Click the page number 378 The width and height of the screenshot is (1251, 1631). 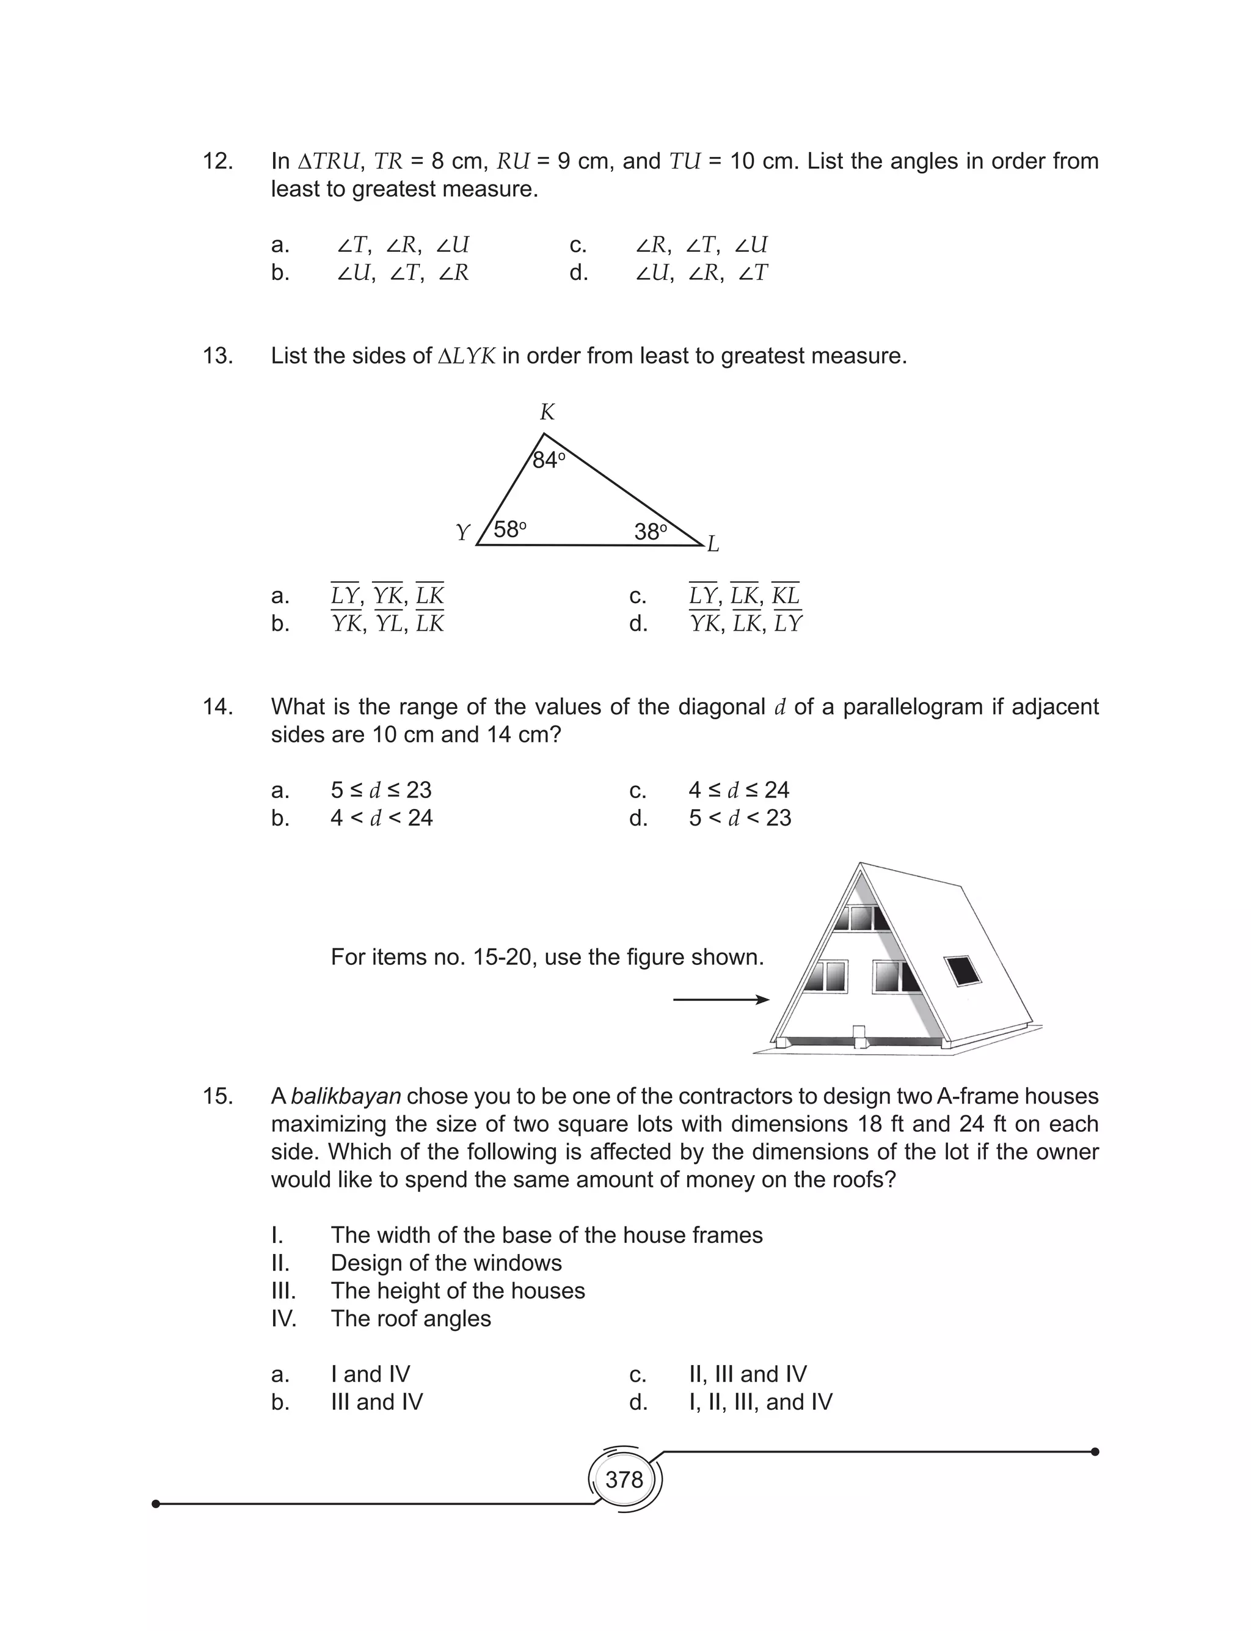pyautogui.click(x=624, y=1479)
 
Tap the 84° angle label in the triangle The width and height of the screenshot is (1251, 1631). pyautogui.click(x=549, y=460)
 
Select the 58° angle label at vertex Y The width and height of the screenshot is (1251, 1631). pyautogui.click(x=510, y=530)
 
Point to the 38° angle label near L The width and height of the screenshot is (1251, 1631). pyautogui.click(x=651, y=532)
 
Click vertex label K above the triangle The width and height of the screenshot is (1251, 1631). pyautogui.click(x=547, y=412)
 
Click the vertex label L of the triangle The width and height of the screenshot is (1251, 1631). pyautogui.click(x=713, y=544)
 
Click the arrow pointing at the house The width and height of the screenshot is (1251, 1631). pyautogui.click(x=720, y=1000)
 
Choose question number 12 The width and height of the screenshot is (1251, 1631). pyautogui.click(x=217, y=161)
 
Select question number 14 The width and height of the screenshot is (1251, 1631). pyautogui.click(x=217, y=706)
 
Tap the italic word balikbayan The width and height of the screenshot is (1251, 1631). pyautogui.click(x=346, y=1096)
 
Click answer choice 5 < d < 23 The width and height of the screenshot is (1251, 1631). pyautogui.click(x=740, y=818)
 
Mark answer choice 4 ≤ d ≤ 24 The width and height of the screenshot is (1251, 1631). pyautogui.click(x=739, y=790)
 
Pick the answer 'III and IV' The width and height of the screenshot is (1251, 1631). pyautogui.click(x=376, y=1402)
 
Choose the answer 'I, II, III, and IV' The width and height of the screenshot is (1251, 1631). pyautogui.click(x=760, y=1402)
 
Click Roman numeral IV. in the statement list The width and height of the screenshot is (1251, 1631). pyautogui.click(x=283, y=1318)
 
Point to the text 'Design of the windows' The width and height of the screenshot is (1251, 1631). pyautogui.click(x=446, y=1263)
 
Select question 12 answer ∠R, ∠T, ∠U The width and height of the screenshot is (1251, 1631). pyautogui.click(x=701, y=244)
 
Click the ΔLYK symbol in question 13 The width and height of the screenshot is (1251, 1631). pyautogui.click(x=466, y=356)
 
